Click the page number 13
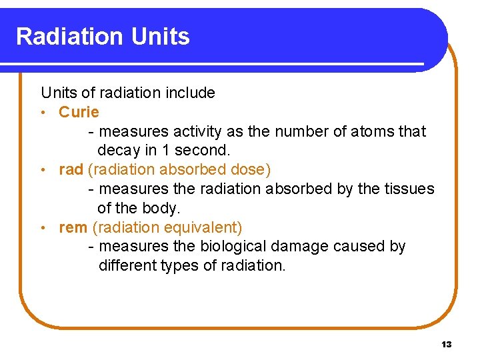(x=446, y=345)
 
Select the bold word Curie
(x=79, y=112)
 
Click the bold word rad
(x=71, y=169)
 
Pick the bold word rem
(x=73, y=227)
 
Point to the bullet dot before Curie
(x=43, y=113)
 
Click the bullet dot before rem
(x=43, y=228)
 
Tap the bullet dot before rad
(x=43, y=170)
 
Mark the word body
(x=162, y=208)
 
